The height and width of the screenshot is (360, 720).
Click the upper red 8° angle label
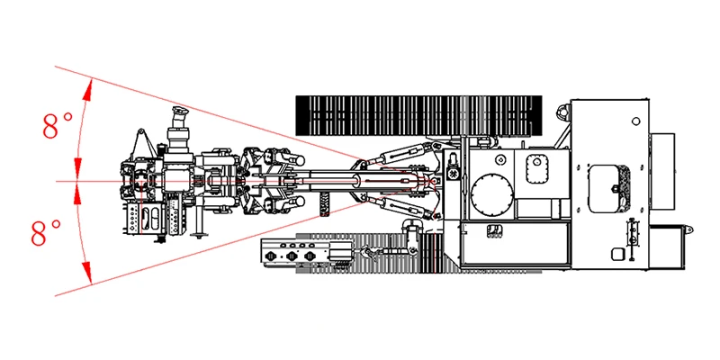coord(58,124)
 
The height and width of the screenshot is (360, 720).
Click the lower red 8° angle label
coord(46,232)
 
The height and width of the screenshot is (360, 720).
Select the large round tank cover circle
coord(492,194)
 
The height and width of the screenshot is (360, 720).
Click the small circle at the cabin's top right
coord(636,121)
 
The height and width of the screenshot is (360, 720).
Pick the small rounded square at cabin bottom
coord(617,254)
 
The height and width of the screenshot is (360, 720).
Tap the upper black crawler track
coord(418,116)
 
